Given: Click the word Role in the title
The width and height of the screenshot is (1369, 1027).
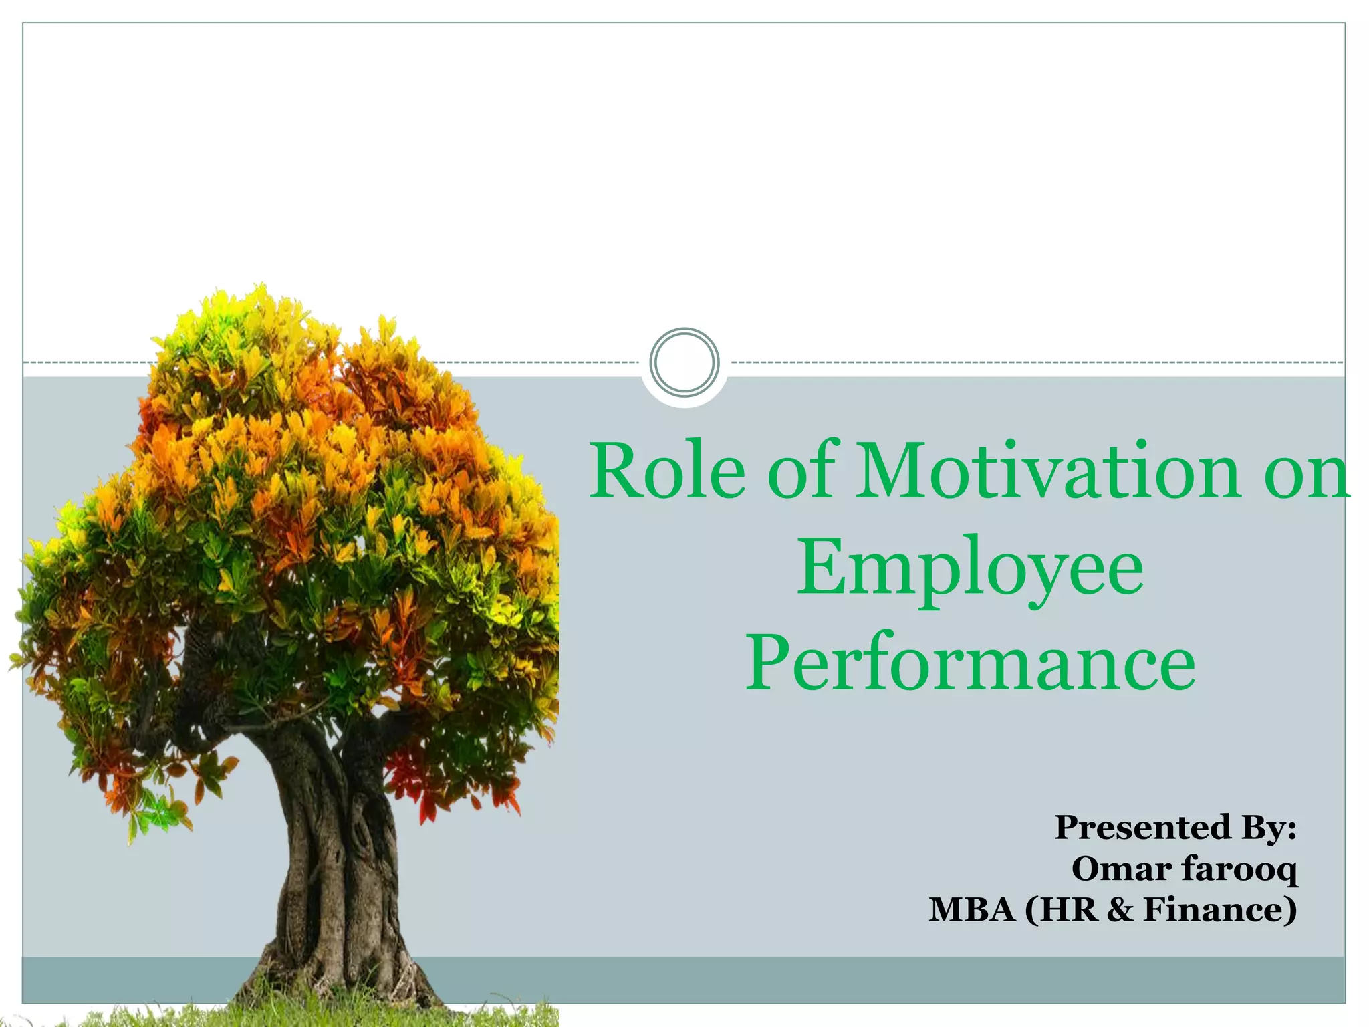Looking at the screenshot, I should [x=666, y=471].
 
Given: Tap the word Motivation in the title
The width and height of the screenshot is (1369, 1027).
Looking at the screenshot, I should [x=1048, y=471].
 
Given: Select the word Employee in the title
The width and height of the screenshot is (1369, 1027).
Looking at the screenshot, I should [x=970, y=568].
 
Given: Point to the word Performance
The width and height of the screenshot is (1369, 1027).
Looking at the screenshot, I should [x=970, y=663].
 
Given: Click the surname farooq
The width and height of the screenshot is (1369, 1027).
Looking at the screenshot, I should [x=1239, y=870].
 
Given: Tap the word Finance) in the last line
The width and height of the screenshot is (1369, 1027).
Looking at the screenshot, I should [x=1221, y=910].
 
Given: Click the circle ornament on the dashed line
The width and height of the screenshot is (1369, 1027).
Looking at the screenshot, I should [x=684, y=362].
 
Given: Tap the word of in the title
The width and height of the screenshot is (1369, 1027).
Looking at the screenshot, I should [x=801, y=471].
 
